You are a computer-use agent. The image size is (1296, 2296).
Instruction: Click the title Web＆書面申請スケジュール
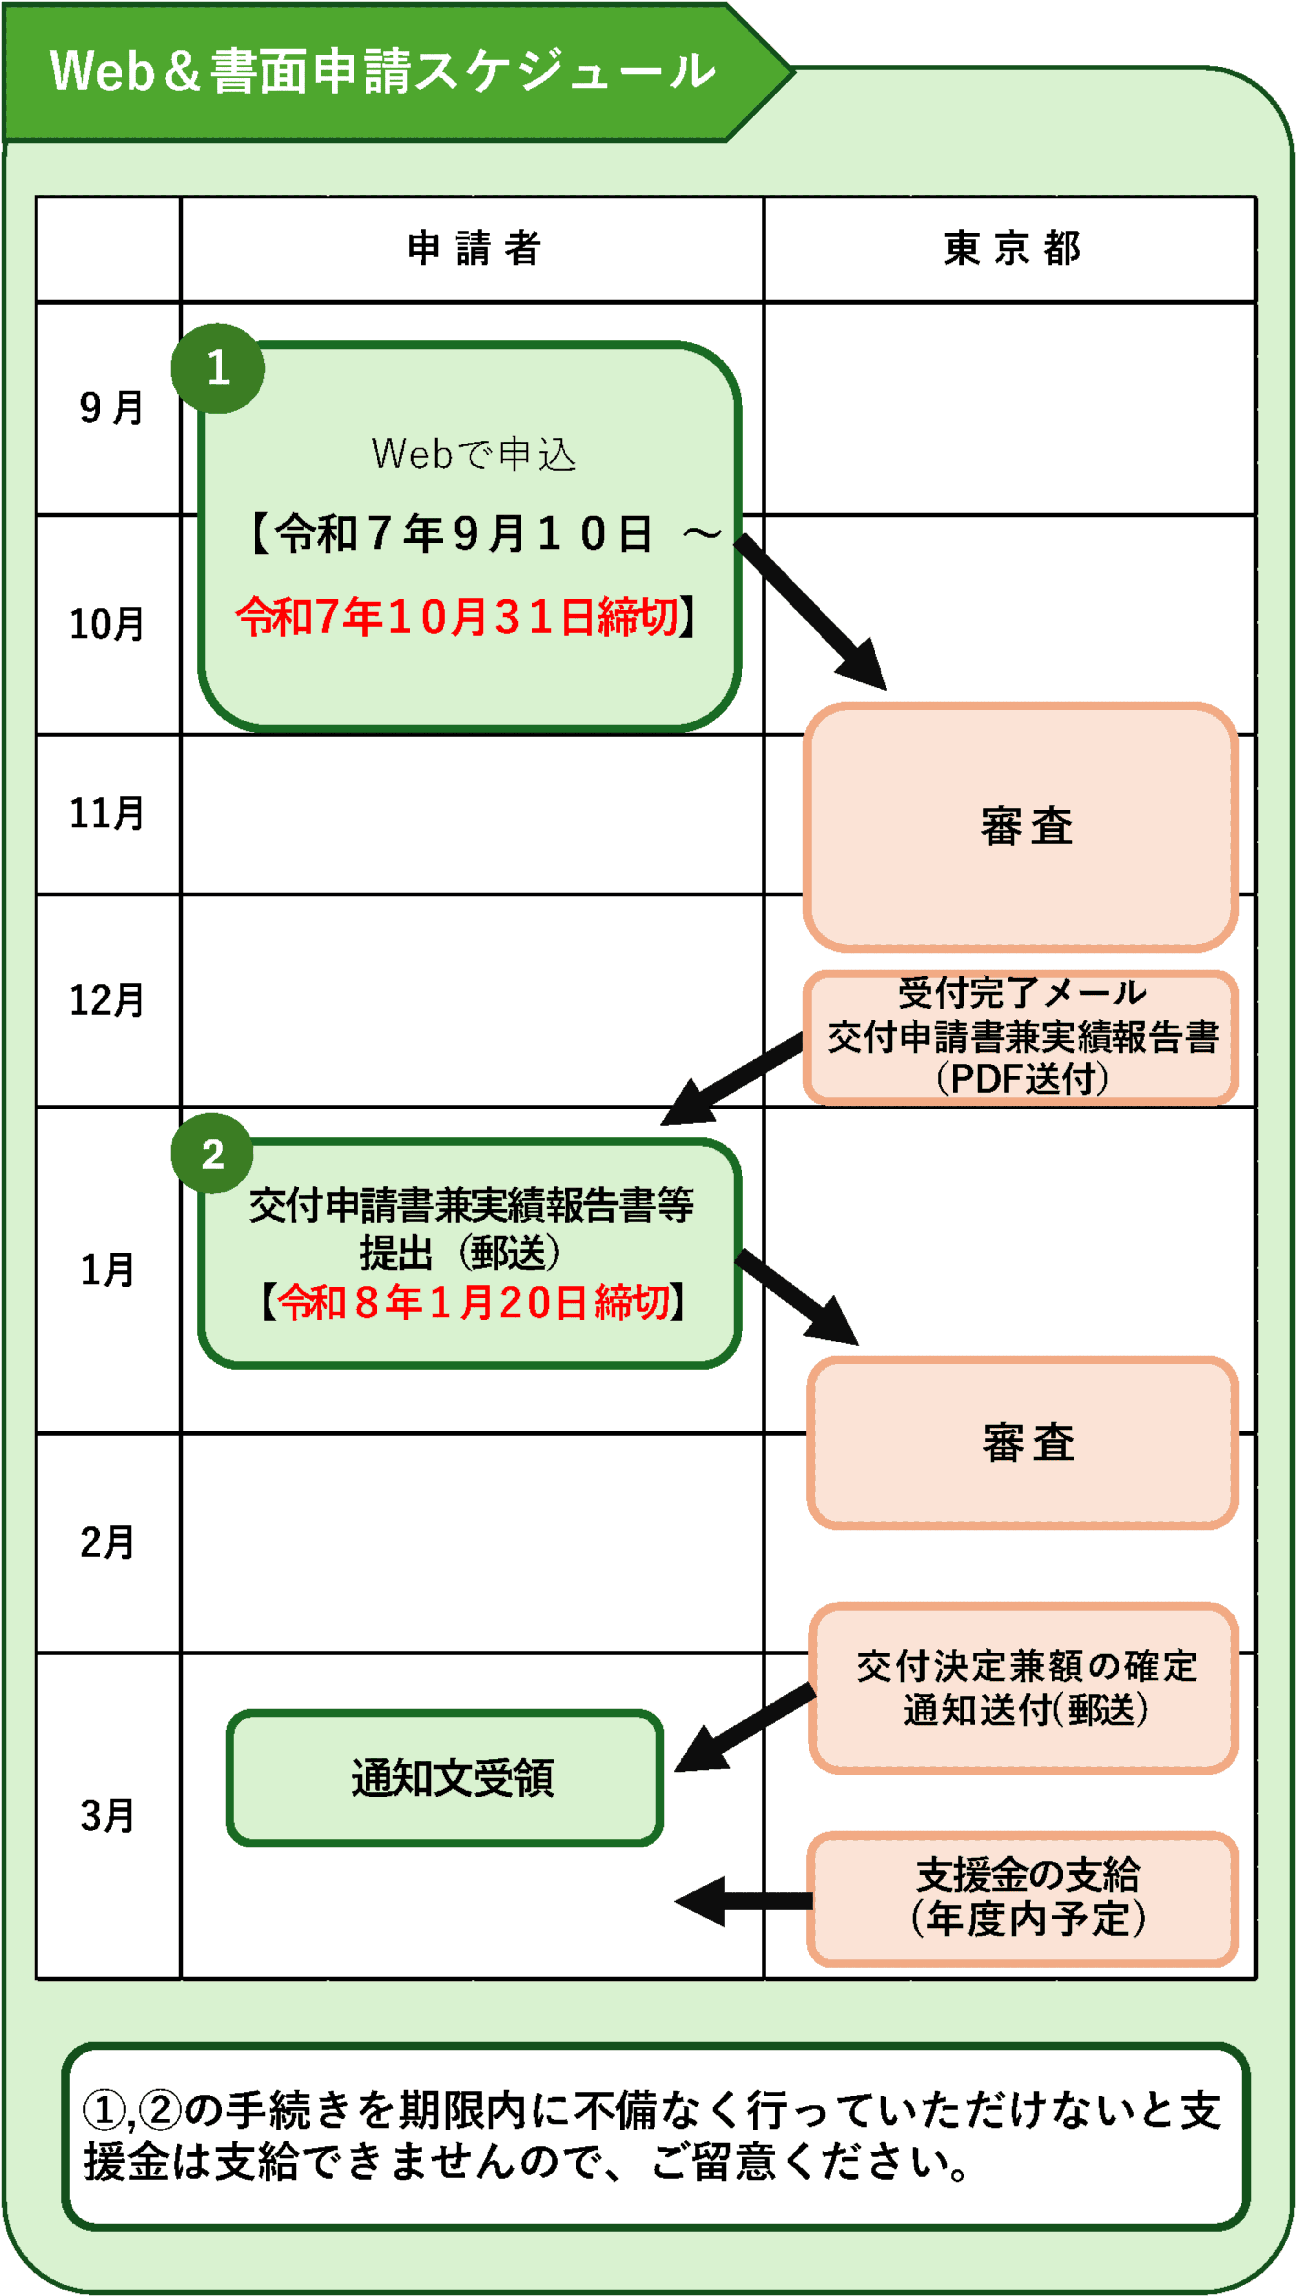[x=383, y=71]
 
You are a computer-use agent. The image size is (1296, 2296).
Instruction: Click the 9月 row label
[x=111, y=408]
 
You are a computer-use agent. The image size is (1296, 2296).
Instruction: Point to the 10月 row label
[x=107, y=624]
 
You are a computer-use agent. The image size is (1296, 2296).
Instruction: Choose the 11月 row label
[x=107, y=813]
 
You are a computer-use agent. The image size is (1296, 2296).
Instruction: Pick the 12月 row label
[x=107, y=1000]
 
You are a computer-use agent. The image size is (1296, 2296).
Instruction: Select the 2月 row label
[x=107, y=1542]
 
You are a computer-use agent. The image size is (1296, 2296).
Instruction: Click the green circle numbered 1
[x=217, y=368]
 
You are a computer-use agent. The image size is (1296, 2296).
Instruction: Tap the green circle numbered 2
[x=212, y=1154]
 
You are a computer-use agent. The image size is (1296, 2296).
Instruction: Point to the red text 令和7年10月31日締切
[x=456, y=617]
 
